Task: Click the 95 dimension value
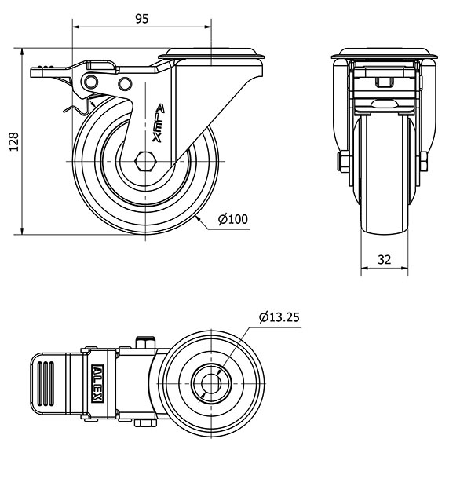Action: [x=142, y=19]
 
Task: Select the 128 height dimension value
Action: [x=14, y=141]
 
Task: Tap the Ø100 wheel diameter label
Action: [x=233, y=219]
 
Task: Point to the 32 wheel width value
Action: [x=384, y=260]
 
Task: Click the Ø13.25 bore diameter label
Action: [x=279, y=317]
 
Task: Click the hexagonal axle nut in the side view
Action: [x=146, y=161]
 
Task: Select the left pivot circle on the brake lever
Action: [x=91, y=82]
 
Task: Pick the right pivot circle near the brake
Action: [x=125, y=84]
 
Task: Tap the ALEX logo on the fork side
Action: [x=159, y=123]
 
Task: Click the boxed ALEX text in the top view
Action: [x=98, y=383]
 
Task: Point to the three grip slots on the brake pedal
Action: [x=46, y=384]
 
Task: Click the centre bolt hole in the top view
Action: [x=211, y=384]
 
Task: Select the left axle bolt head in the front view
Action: [x=343, y=161]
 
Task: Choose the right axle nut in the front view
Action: [x=424, y=161]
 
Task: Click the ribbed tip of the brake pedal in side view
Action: [x=42, y=69]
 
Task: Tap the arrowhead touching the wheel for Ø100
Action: [x=198, y=218]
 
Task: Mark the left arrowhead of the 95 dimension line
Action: [x=76, y=27]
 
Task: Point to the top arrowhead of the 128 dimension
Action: [x=22, y=52]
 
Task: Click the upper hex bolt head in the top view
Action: [x=146, y=342]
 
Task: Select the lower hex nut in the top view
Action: [x=145, y=423]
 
